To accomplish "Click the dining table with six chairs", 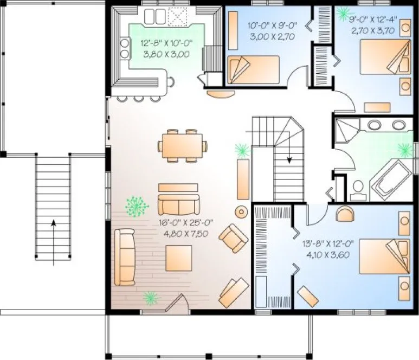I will pyautogui.click(x=182, y=145).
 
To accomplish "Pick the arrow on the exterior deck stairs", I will pyautogui.click(x=53, y=222).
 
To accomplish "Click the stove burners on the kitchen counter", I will pyautogui.click(x=125, y=48).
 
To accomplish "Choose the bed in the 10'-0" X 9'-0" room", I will pyautogui.click(x=253, y=69).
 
